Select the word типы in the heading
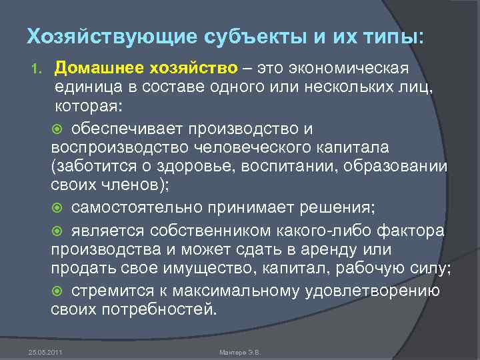click(390, 37)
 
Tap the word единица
click(89, 88)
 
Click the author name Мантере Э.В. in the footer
click(239, 351)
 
